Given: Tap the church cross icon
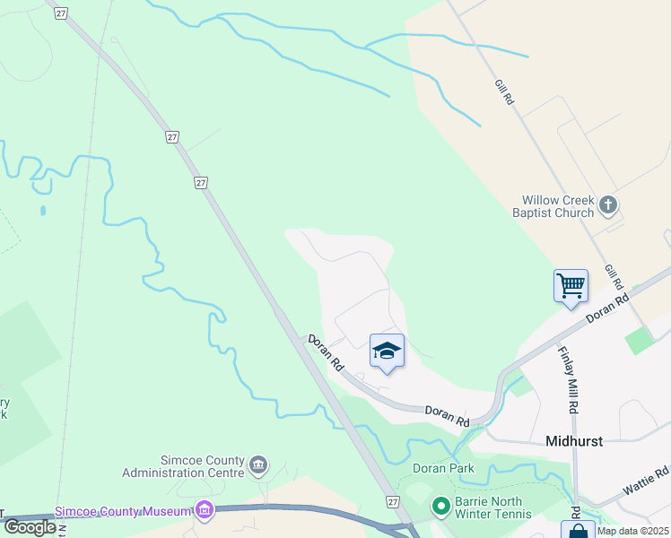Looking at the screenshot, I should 608,205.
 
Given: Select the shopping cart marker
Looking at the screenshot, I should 571,287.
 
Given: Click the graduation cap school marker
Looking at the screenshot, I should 387,351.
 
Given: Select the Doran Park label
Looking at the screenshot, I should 442,468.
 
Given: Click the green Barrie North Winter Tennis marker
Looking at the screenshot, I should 440,508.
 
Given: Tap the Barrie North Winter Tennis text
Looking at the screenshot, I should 492,508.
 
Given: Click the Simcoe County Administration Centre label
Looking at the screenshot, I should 184,465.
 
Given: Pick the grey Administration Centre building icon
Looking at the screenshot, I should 258,464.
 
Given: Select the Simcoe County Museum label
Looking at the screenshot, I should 124,511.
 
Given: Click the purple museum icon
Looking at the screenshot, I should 205,511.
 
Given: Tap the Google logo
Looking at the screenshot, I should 30,527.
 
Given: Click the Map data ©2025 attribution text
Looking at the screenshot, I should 632,531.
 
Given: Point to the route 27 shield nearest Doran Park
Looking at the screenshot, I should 392,503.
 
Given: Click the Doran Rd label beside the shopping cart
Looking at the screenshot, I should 606,309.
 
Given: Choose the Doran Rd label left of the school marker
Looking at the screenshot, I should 326,353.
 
